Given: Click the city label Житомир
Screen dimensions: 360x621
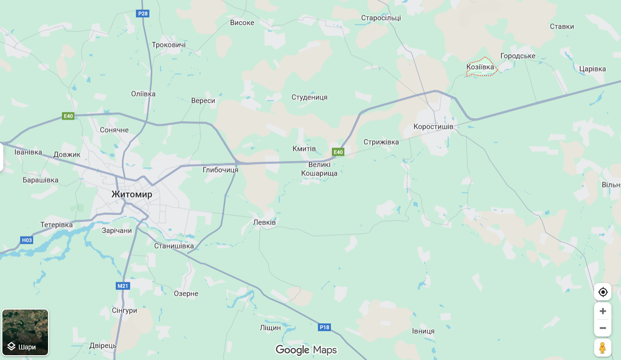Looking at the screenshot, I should pos(132,194).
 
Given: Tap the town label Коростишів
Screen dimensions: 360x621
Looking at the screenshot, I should pos(433,126).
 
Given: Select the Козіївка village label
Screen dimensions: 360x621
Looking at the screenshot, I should pos(480,67).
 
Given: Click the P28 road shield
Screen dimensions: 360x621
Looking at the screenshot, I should pos(143,13).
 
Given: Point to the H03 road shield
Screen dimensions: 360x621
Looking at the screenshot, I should pos(27,240).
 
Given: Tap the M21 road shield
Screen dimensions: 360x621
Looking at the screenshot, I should pos(123,286).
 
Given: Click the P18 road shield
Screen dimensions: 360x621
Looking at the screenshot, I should pos(325,327).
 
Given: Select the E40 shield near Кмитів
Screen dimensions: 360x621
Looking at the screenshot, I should pos(339,152).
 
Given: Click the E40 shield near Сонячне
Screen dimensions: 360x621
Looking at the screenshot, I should pos(68,116).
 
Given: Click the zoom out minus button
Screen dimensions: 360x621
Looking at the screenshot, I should pos(603,328).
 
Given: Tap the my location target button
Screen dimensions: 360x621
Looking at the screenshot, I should pos(603,292).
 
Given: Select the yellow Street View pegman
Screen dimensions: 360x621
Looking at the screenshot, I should pos(603,348).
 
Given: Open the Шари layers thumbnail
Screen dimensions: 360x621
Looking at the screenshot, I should pos(25,332).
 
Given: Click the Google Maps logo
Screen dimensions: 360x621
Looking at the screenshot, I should pos(306,350).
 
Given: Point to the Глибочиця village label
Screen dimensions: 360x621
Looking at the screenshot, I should pos(220,170).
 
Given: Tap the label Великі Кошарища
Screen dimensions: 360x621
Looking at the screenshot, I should pos(319,169).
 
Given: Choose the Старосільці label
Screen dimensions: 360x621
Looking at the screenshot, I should pos(381,18).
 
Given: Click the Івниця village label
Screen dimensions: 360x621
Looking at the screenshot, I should pos(423,331).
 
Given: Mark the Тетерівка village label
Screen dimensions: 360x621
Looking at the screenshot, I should pos(57,225).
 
